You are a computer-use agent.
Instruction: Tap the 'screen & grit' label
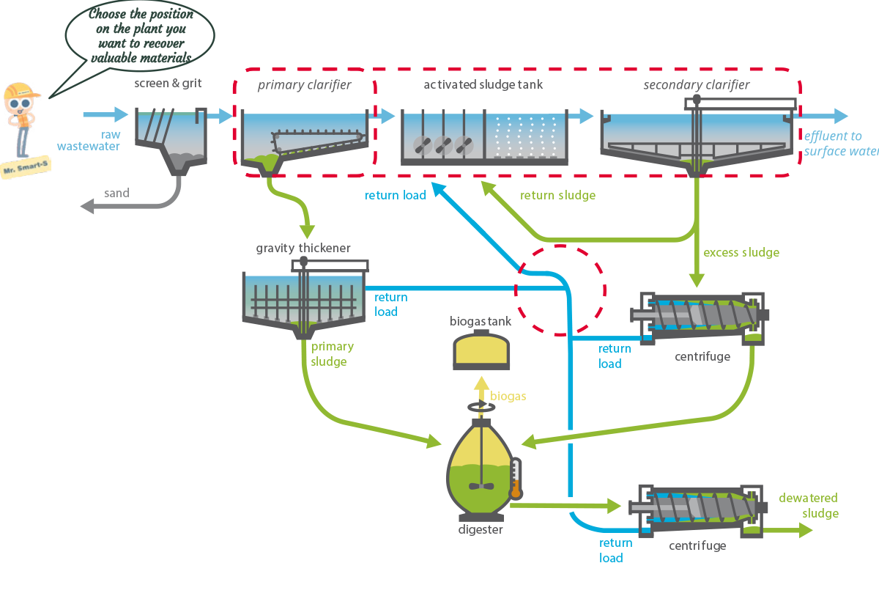click(x=168, y=84)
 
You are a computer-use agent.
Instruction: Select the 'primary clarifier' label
click(x=304, y=85)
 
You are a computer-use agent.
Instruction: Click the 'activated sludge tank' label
click(x=483, y=84)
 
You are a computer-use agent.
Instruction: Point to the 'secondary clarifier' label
click(x=696, y=85)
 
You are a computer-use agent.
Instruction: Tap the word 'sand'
click(x=116, y=194)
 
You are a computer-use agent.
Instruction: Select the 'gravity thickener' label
click(x=303, y=249)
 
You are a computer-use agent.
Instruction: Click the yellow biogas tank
click(x=481, y=352)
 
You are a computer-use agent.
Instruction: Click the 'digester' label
click(x=481, y=529)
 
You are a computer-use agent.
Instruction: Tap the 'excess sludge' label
click(x=741, y=253)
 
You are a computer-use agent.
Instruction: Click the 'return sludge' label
click(x=557, y=196)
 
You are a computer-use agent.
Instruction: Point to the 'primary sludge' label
click(x=332, y=354)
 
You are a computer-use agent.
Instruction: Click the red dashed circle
click(x=560, y=290)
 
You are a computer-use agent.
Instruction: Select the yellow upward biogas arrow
click(x=481, y=387)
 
